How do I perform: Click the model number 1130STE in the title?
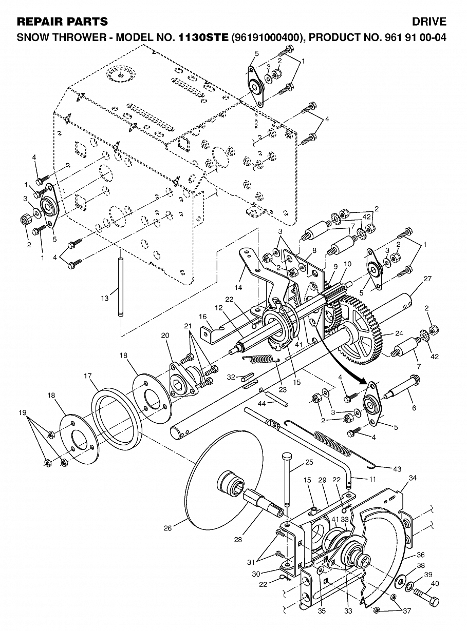203,37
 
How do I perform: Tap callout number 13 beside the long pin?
105,298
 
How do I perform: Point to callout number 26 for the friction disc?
167,528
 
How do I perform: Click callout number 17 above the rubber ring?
88,376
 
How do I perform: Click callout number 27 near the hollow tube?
427,279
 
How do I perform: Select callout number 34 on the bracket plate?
413,478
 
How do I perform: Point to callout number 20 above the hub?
165,336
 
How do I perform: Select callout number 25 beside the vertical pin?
309,462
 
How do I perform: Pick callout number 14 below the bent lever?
238,288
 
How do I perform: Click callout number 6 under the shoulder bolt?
414,408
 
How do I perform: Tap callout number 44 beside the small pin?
261,403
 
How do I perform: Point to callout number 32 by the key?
231,377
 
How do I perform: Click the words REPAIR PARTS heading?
62,22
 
